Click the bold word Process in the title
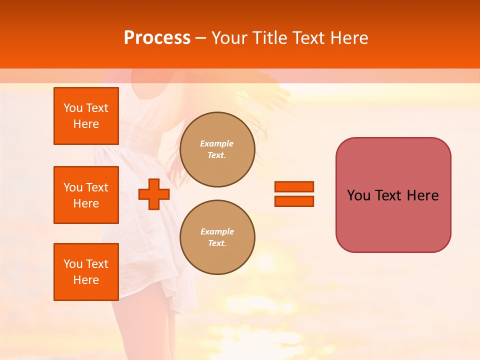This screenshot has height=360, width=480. (157, 38)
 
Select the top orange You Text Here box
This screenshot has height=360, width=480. (86, 116)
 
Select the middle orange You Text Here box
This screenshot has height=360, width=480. (86, 195)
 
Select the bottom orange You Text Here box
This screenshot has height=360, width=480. (86, 272)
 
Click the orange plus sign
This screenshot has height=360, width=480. (154, 194)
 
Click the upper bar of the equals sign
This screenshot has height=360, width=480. (294, 186)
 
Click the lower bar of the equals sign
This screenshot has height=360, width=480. (294, 201)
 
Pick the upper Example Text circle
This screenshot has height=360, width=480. (217, 149)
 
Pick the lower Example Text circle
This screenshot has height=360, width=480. (217, 237)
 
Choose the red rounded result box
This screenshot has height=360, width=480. (393, 195)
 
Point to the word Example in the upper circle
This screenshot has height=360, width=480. (216, 143)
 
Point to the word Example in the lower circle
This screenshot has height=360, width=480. (217, 231)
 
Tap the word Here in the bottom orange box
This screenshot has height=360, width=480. (86, 280)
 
